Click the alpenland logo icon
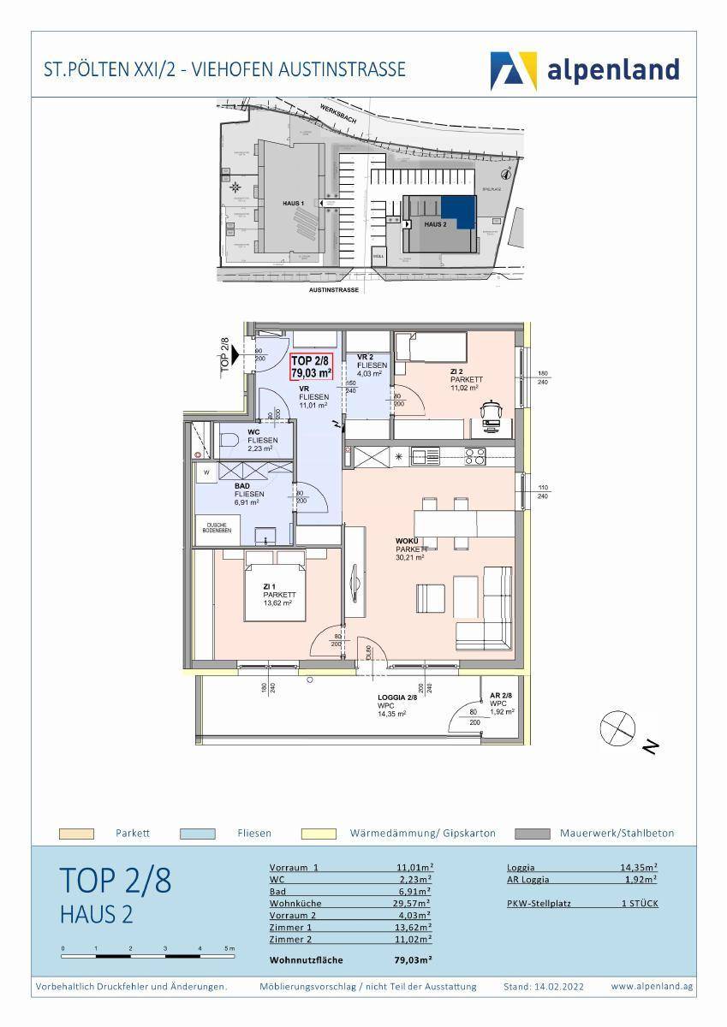pos(513,70)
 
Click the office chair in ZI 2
pos(491,412)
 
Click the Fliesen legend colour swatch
pos(197,834)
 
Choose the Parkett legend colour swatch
pos(74,834)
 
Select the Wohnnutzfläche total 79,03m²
pos(412,959)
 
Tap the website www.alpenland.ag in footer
pos(652,987)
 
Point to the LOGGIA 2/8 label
pos(397,698)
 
